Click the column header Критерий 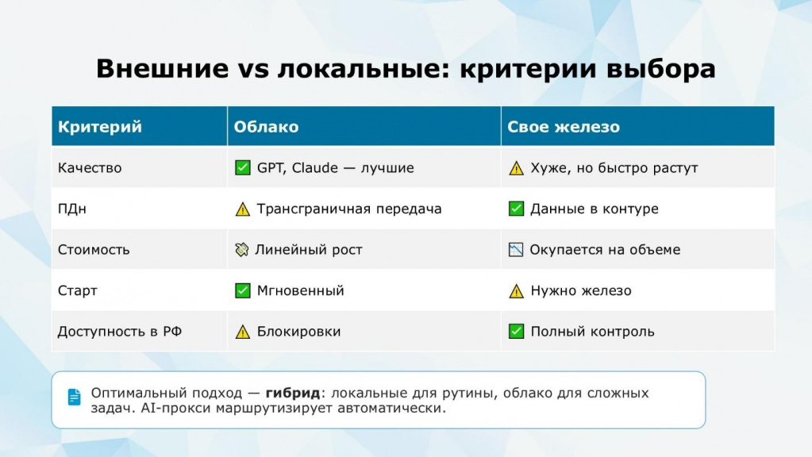click(99, 127)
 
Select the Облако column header click(266, 127)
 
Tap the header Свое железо click(564, 127)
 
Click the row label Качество click(90, 167)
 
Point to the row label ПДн click(72, 209)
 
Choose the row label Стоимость click(94, 249)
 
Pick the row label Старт click(78, 290)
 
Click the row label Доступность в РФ click(120, 331)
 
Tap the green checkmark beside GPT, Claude click(242, 167)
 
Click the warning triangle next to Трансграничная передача click(242, 209)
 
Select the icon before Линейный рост click(242, 249)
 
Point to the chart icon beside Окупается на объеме click(516, 249)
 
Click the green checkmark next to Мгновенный click(242, 290)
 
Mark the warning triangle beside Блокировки click(242, 332)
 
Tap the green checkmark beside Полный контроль click(516, 331)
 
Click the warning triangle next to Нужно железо click(516, 291)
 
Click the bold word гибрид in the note click(293, 393)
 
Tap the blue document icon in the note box click(74, 397)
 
